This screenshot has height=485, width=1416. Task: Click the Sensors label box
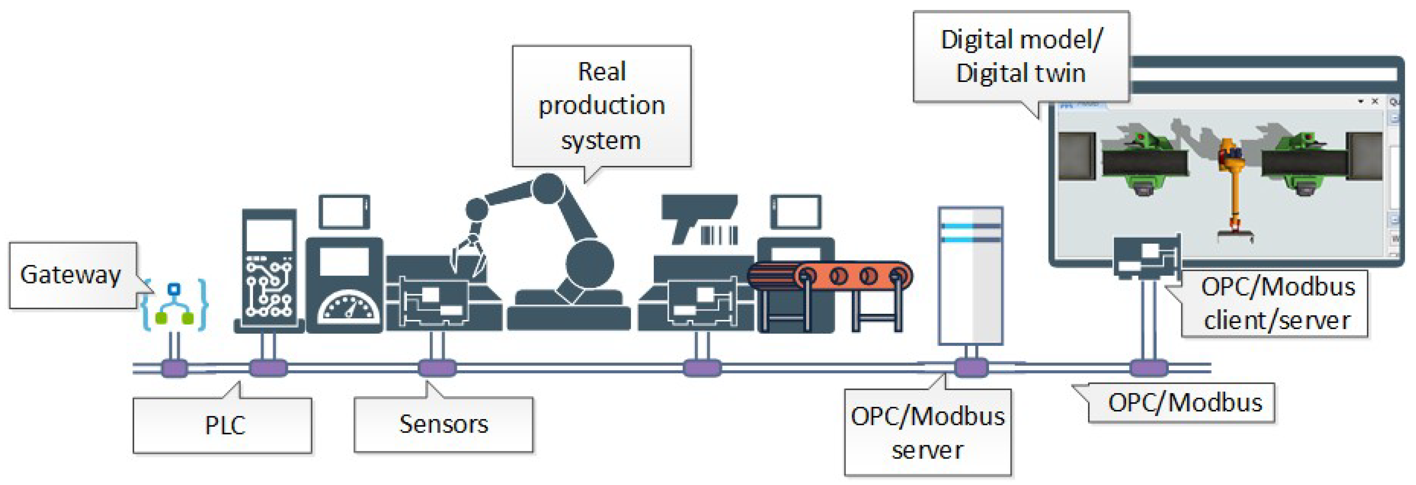tap(443, 424)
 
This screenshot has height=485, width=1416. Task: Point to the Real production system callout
tap(601, 106)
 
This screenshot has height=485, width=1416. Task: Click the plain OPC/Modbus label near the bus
tap(1184, 403)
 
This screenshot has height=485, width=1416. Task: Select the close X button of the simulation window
tap(1374, 101)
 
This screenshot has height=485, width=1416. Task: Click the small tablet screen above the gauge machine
tap(344, 211)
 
